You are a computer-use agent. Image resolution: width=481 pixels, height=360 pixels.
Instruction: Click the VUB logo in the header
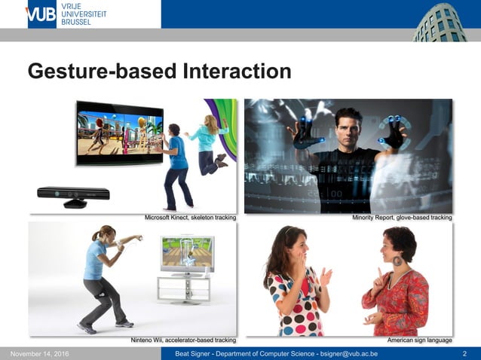[x=41, y=14]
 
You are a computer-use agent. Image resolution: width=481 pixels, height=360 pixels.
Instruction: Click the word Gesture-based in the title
[x=102, y=71]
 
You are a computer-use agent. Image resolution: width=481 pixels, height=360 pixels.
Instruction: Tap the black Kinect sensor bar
[x=74, y=194]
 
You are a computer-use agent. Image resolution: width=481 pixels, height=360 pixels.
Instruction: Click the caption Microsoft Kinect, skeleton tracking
[x=190, y=218]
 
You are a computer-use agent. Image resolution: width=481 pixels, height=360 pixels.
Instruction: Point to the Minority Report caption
[x=402, y=218]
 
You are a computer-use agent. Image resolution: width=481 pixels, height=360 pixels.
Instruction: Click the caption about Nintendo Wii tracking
[x=184, y=340]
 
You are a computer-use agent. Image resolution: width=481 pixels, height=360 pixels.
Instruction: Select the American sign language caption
[x=419, y=340]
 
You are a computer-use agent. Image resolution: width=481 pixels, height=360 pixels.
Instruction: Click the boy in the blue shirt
[x=177, y=162]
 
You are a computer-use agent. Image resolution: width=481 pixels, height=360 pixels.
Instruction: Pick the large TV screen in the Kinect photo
[x=119, y=132]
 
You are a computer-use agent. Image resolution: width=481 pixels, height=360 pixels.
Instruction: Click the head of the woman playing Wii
[x=106, y=234]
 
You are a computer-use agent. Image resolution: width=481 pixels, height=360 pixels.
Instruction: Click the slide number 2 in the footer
[x=464, y=354]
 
